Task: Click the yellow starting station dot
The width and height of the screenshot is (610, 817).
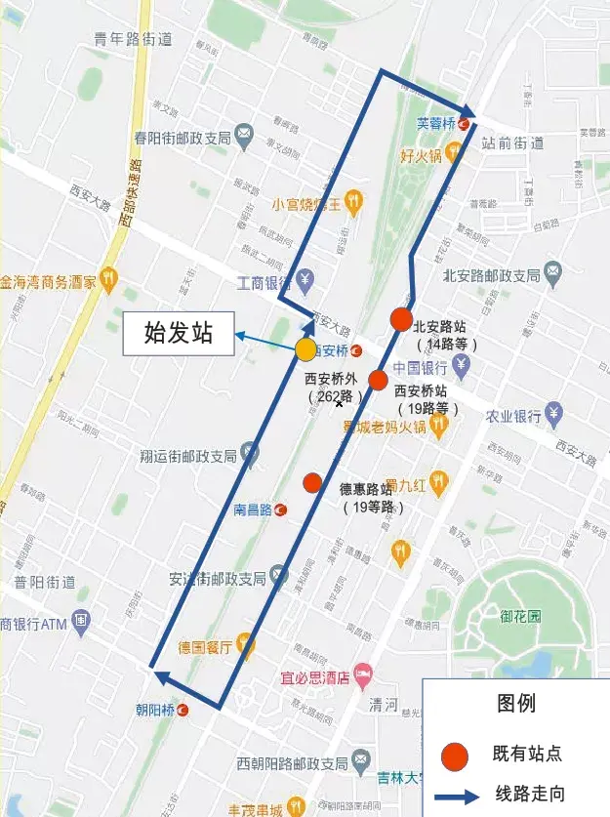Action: (x=306, y=349)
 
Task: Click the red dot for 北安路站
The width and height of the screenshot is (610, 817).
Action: (x=401, y=319)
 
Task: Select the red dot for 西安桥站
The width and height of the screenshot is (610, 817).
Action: (x=379, y=381)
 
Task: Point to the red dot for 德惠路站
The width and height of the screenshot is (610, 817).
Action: (x=312, y=482)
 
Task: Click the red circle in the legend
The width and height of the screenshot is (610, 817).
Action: (x=453, y=755)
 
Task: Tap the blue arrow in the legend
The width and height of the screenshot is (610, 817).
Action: (x=455, y=795)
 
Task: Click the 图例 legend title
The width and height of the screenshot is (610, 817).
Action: (x=515, y=704)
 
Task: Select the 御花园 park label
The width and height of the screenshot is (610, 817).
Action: (x=520, y=617)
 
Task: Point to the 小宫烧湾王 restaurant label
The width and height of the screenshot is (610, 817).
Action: (x=306, y=204)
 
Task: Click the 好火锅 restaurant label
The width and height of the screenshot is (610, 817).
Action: (x=422, y=155)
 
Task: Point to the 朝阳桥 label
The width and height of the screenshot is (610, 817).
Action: (x=154, y=710)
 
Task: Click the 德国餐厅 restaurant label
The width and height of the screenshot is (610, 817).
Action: (x=204, y=646)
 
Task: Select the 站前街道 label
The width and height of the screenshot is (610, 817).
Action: (x=512, y=143)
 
